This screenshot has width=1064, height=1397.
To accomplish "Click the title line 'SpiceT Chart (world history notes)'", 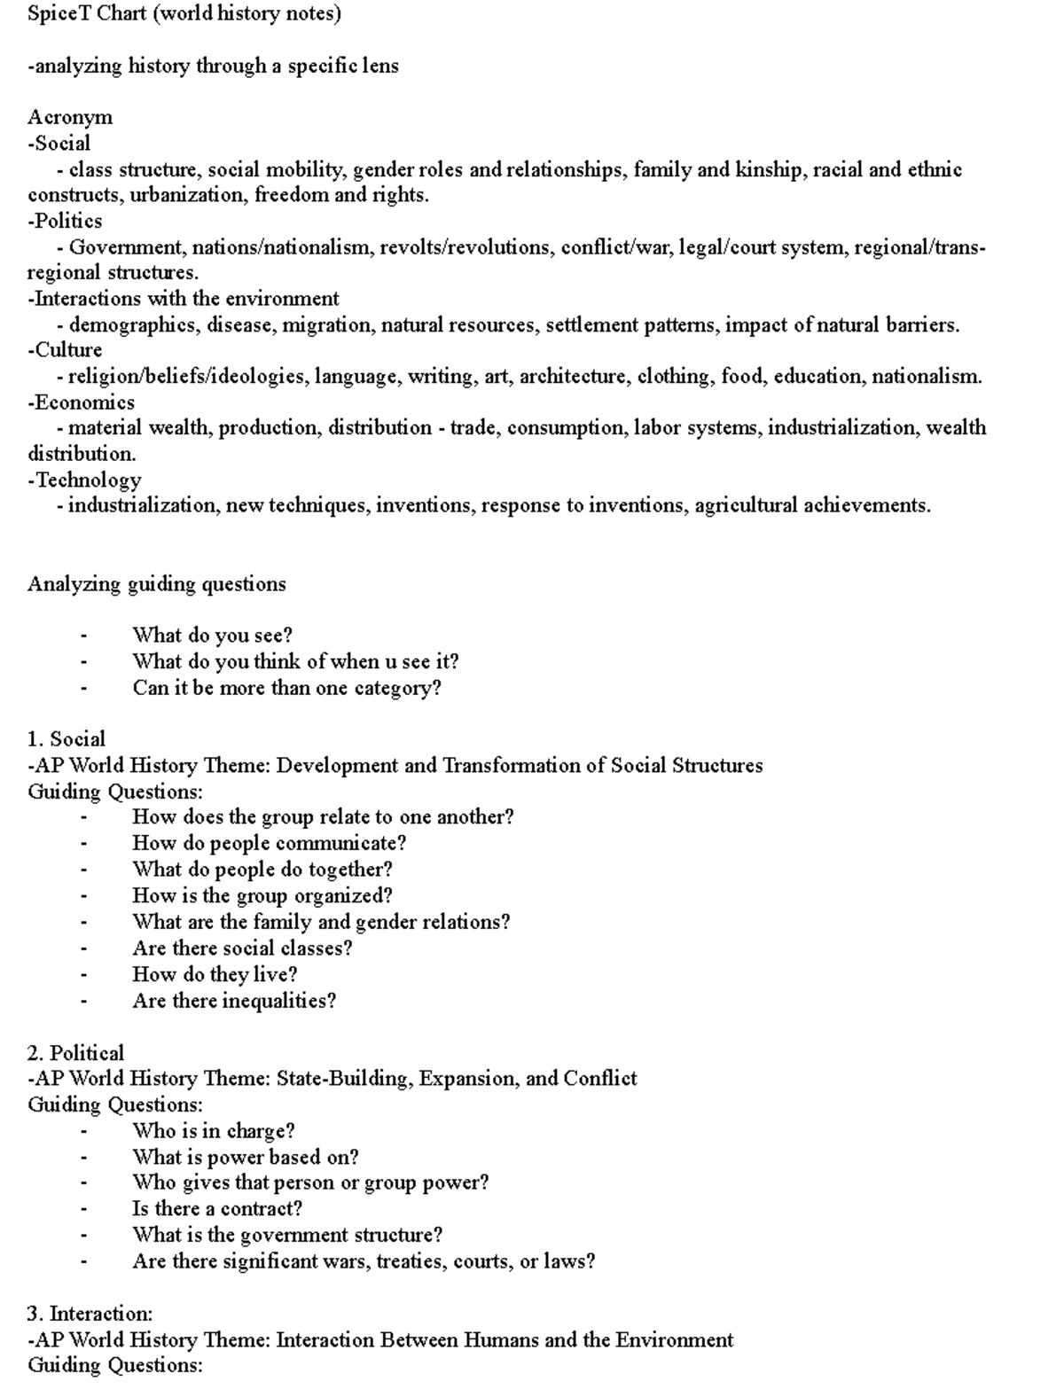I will click(x=184, y=14).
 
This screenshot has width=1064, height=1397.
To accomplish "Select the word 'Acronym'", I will click(x=70, y=117).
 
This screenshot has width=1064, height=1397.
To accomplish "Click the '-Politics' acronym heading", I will click(x=65, y=221).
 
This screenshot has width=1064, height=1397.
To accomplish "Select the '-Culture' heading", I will click(x=65, y=350).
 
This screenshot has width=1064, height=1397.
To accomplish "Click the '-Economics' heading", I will click(x=81, y=402).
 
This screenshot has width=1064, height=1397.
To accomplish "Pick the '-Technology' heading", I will click(x=84, y=480).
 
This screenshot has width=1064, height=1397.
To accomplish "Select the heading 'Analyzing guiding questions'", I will click(x=157, y=584).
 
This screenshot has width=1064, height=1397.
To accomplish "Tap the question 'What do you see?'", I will click(x=212, y=636).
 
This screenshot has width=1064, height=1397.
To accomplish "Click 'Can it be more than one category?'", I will click(x=286, y=688).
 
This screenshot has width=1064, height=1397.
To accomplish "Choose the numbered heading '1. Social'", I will click(x=66, y=739).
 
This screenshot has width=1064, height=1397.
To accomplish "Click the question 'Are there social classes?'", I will click(x=242, y=948).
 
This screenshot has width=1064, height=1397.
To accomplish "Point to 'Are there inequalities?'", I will click(x=234, y=1001).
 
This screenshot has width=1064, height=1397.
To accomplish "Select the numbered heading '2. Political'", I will click(x=75, y=1053).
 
